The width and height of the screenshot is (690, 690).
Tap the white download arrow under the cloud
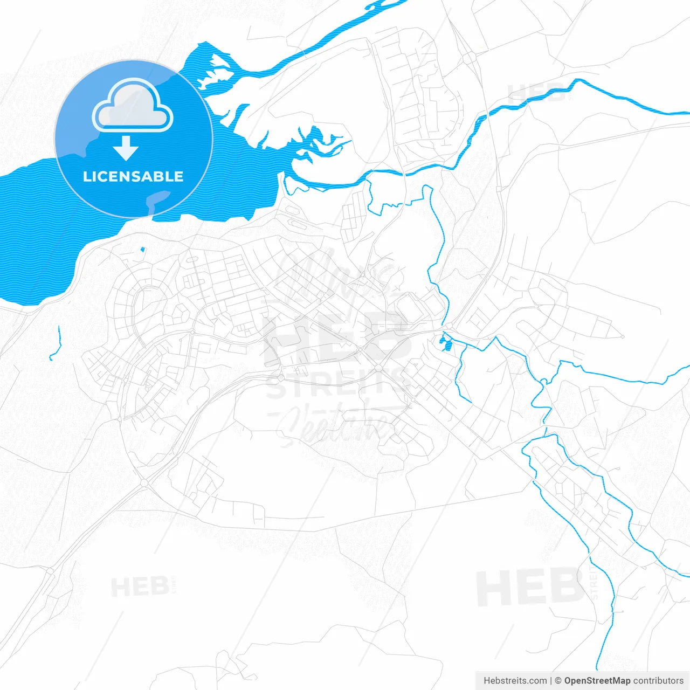(x=126, y=148)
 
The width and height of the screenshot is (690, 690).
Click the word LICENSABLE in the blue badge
(x=133, y=176)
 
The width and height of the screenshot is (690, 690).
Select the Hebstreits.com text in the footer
(x=515, y=680)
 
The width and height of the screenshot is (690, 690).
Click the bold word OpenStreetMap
(x=597, y=680)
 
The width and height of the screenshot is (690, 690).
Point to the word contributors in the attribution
(x=658, y=680)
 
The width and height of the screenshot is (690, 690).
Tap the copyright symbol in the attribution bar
(x=558, y=680)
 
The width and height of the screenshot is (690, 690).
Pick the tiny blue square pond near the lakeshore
(x=142, y=249)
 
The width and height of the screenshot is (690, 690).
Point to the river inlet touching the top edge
(x=377, y=6)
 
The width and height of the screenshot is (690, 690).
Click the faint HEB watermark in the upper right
(x=536, y=93)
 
